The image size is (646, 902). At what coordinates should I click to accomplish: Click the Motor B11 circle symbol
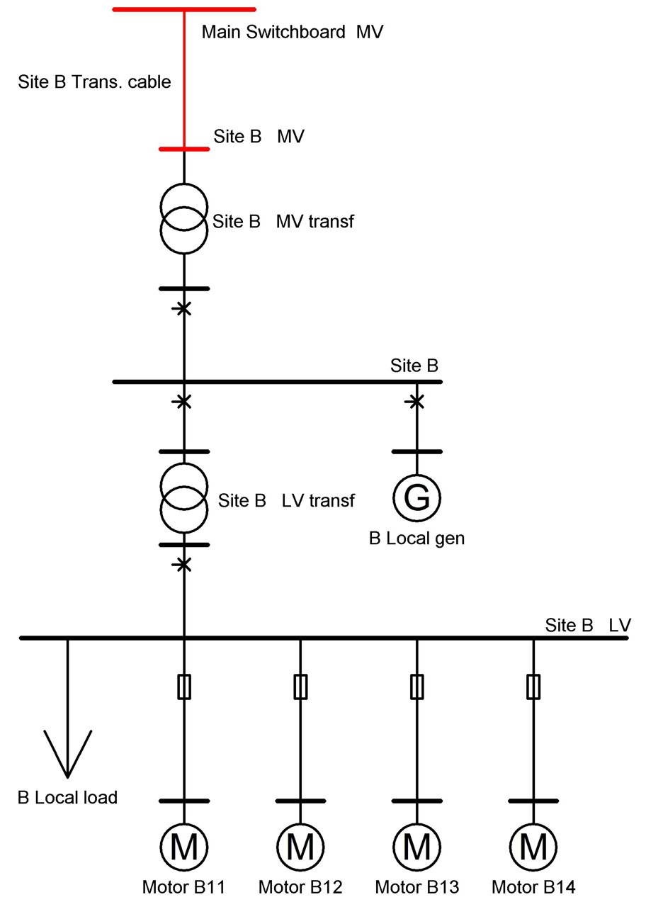coord(184,846)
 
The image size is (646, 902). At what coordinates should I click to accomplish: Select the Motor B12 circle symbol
coord(300,846)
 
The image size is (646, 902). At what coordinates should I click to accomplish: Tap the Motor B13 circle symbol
coord(416,846)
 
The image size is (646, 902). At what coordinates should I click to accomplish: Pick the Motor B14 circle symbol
coord(533,846)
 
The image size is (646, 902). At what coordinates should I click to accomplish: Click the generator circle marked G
coord(416,497)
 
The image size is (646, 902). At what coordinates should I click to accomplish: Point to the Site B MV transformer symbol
coord(184,219)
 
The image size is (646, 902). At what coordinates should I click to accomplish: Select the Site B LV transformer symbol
coord(184,498)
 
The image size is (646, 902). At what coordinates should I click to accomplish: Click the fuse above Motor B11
coord(184,687)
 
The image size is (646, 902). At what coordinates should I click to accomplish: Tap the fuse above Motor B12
coord(300,687)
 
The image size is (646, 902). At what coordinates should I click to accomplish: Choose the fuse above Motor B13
coord(416,687)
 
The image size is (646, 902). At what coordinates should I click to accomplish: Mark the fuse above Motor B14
coord(533,687)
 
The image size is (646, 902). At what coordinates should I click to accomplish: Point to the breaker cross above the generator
coord(416,402)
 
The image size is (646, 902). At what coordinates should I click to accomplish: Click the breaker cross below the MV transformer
coord(184,308)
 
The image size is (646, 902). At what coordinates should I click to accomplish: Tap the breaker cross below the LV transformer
coord(184,564)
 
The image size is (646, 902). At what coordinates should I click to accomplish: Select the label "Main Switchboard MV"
coord(292,32)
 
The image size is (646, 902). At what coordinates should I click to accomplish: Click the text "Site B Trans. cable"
coord(94,81)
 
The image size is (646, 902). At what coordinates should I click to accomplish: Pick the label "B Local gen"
coord(416,538)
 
